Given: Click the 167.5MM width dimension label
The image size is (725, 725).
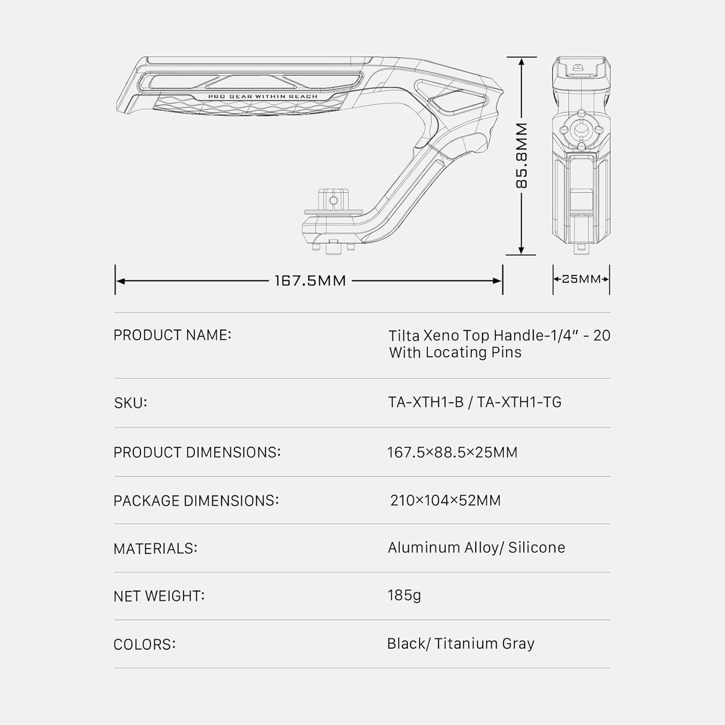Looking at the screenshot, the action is pyautogui.click(x=310, y=280).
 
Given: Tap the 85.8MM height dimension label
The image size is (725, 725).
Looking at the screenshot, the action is pyautogui.click(x=521, y=156).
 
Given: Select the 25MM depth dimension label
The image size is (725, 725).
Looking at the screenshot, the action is pyautogui.click(x=582, y=279).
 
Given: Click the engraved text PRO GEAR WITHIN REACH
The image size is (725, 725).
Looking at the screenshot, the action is pyautogui.click(x=263, y=97).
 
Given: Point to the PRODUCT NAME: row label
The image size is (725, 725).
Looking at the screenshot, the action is pyautogui.click(x=172, y=335).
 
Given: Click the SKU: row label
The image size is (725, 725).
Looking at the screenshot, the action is pyautogui.click(x=130, y=403).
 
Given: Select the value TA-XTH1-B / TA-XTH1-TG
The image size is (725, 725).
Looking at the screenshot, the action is pyautogui.click(x=475, y=402).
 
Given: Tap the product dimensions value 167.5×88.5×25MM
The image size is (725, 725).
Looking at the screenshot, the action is pyautogui.click(x=452, y=452).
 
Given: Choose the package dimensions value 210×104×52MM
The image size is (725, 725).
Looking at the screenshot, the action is pyautogui.click(x=446, y=500).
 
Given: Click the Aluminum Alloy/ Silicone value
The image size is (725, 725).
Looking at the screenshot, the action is pyautogui.click(x=476, y=548).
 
